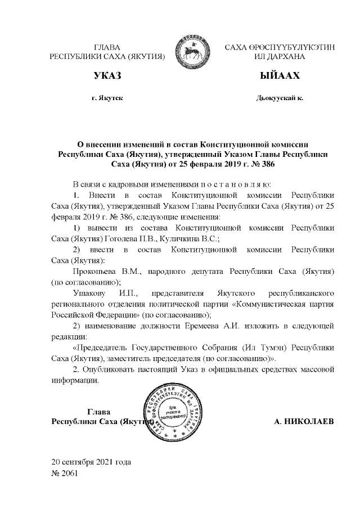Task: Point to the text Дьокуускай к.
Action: coord(279,98)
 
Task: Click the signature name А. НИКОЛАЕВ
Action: coord(304,421)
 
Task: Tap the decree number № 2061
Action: coord(65,473)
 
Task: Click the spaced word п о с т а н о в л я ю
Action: coord(232,184)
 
